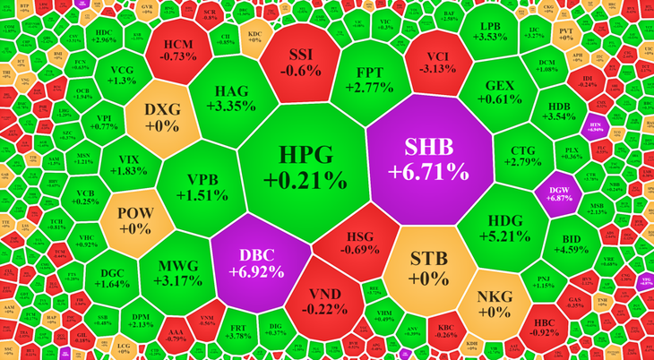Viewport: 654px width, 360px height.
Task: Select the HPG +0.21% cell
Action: (305, 166)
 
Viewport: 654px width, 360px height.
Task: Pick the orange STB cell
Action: (428, 268)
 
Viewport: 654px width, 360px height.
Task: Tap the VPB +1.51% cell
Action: (197, 186)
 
